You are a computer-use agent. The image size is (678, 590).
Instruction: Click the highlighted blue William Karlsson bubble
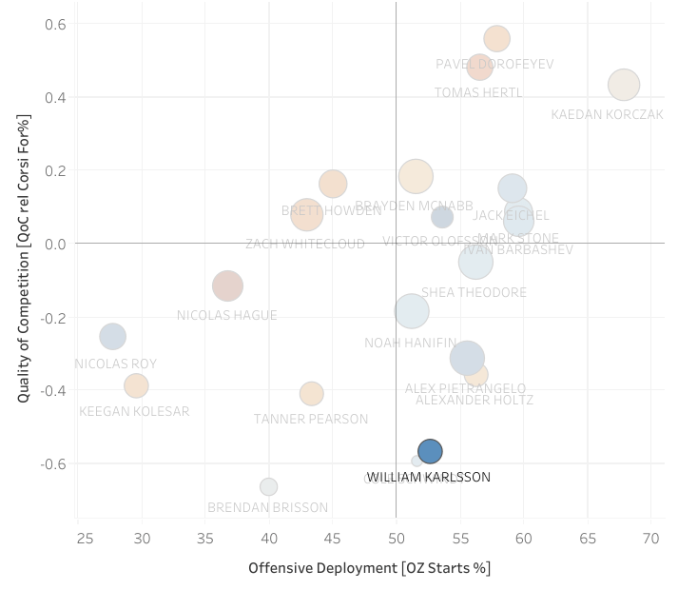point(430,451)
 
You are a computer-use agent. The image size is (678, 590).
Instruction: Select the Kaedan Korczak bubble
point(623,85)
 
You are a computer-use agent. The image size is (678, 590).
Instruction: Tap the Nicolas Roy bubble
point(112,336)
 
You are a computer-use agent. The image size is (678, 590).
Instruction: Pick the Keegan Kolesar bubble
point(136,385)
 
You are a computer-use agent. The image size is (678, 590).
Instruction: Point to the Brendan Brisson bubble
point(269,486)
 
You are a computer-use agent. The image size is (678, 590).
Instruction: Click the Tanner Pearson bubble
point(311,393)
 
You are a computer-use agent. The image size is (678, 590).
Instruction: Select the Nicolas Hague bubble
point(226,285)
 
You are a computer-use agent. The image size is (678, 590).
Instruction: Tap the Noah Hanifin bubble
point(411,310)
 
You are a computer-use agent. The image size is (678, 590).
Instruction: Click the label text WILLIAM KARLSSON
point(429,478)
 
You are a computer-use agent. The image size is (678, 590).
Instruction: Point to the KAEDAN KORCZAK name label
point(607,115)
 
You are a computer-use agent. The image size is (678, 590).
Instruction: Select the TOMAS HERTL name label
point(478,93)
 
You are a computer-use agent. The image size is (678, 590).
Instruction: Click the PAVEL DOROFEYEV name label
point(494,65)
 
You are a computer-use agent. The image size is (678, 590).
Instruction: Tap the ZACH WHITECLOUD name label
point(304,245)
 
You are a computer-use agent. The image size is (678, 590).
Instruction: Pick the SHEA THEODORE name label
point(474,293)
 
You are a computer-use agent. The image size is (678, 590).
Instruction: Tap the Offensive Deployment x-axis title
point(369,568)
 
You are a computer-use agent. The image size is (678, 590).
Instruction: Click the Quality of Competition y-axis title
point(24,258)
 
